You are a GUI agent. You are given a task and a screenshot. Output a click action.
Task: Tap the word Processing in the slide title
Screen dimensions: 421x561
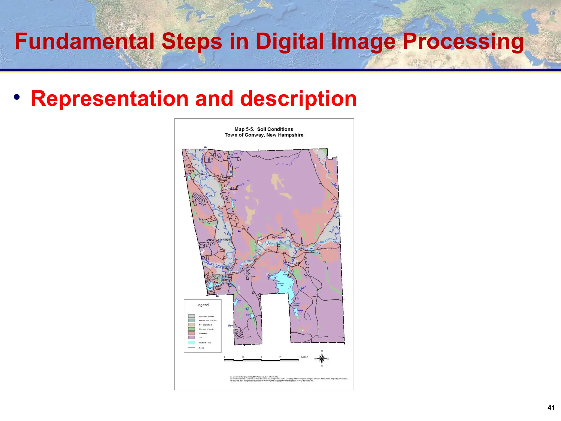[x=463, y=42]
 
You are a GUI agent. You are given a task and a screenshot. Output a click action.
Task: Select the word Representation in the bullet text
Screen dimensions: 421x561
[x=110, y=99]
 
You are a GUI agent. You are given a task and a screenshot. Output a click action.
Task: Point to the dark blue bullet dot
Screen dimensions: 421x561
[x=17, y=97]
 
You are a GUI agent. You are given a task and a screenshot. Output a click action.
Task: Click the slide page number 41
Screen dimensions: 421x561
[x=551, y=408]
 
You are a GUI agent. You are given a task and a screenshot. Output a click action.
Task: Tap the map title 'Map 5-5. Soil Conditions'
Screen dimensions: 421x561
[x=264, y=129]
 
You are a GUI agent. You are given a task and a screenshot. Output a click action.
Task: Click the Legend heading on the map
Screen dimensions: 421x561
[x=202, y=305]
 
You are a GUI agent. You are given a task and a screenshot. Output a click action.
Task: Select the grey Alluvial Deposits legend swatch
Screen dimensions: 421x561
[x=191, y=316]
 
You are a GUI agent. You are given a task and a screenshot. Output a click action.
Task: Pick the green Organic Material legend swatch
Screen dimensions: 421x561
[x=191, y=329]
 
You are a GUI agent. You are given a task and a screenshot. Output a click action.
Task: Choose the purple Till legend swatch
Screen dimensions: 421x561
[x=191, y=337]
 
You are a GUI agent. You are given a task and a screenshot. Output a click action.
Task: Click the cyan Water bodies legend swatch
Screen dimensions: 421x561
[x=191, y=343]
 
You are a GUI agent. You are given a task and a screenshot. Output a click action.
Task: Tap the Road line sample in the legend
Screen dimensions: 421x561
[x=191, y=348]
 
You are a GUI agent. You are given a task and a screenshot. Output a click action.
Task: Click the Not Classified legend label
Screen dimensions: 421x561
[x=205, y=325]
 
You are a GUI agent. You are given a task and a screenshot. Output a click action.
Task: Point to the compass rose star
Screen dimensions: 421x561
[x=322, y=359]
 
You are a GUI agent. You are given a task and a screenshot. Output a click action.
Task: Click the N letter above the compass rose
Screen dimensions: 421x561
[x=322, y=351]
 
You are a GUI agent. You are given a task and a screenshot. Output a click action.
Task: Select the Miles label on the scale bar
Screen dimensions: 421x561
[x=305, y=357]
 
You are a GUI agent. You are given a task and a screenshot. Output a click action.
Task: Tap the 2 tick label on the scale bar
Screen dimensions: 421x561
[x=280, y=357]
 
